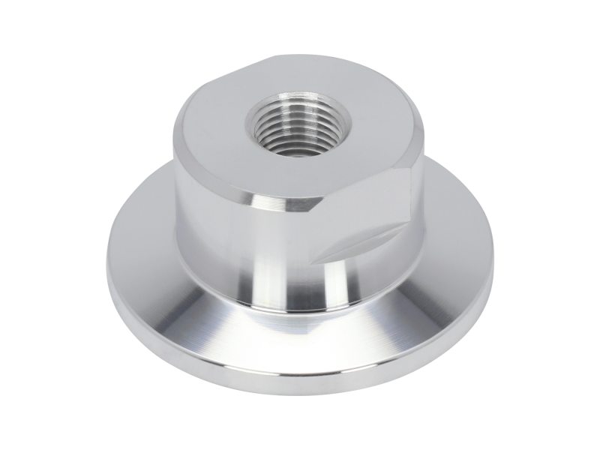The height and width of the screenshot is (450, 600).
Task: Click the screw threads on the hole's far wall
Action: [x=289, y=112]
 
